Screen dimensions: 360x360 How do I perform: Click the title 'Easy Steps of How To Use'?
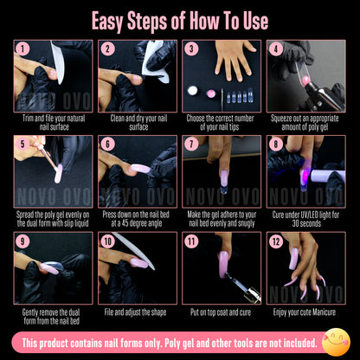tap(179, 21)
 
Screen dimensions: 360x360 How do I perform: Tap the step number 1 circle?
tap(22, 49)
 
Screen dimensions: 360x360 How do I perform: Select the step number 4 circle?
tap(275, 49)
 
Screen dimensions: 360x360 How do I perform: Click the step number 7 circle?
tap(190, 145)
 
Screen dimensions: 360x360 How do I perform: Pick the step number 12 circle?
tap(275, 241)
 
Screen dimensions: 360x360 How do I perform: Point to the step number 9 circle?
tap(22, 241)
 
